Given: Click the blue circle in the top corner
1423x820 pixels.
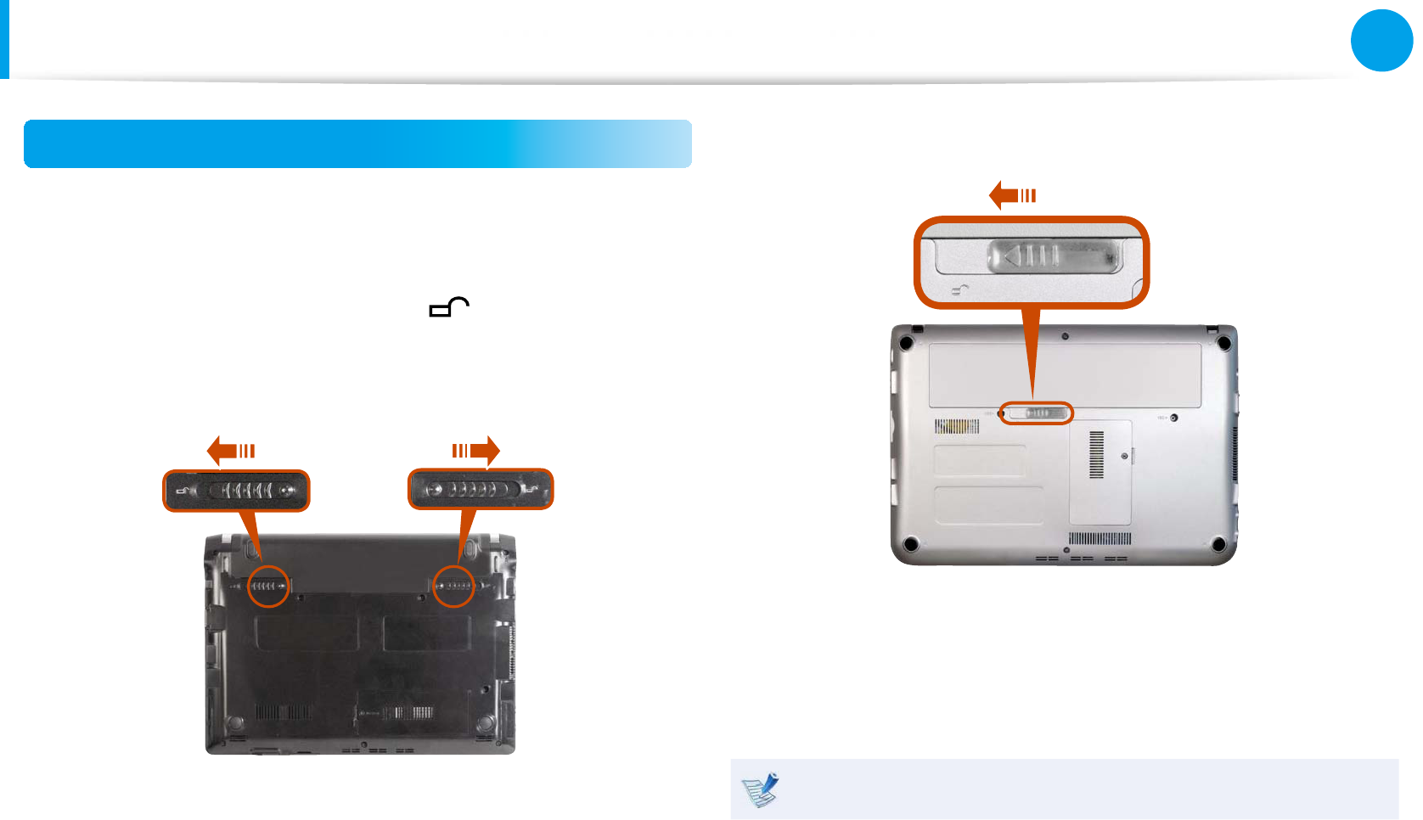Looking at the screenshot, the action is [x=1381, y=40].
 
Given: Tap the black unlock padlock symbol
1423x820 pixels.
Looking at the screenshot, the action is [x=449, y=307].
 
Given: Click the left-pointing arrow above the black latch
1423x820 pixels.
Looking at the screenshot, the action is [x=231, y=451].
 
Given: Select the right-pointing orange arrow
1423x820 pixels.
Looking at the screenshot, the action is [x=476, y=451].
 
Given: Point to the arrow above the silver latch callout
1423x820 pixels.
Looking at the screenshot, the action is [x=1013, y=195].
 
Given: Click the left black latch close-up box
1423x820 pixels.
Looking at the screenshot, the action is [x=236, y=491].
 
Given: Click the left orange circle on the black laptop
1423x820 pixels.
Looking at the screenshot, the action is [x=268, y=586].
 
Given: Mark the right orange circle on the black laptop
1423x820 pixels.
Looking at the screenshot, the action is [x=453, y=586].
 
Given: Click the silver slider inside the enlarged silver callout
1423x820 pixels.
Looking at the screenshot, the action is [x=1054, y=256].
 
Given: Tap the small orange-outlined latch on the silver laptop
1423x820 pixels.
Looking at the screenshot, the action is [x=1036, y=413].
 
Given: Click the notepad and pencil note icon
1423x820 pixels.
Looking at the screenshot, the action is [x=760, y=789].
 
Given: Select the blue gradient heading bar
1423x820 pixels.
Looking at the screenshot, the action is [x=357, y=143].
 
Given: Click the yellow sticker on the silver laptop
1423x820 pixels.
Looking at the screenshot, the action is [x=957, y=426].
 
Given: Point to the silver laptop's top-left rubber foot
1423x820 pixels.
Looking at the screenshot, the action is [x=907, y=344].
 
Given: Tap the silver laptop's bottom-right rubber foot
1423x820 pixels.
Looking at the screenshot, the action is [x=1218, y=544].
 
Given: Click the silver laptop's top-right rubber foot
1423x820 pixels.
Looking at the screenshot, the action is [x=1223, y=344].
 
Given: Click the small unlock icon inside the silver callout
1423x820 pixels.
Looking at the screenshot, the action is [x=960, y=290].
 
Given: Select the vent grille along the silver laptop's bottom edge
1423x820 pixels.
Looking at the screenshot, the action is [x=1100, y=539].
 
